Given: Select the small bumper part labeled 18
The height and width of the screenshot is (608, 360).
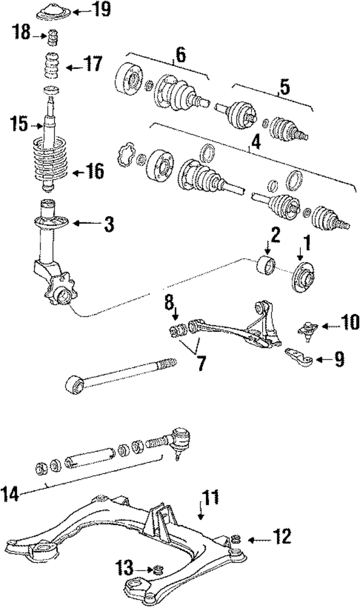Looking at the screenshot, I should [53, 39].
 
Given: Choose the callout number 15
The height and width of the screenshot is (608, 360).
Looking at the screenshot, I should [18, 123].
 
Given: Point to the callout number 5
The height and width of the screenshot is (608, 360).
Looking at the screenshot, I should [285, 87].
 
